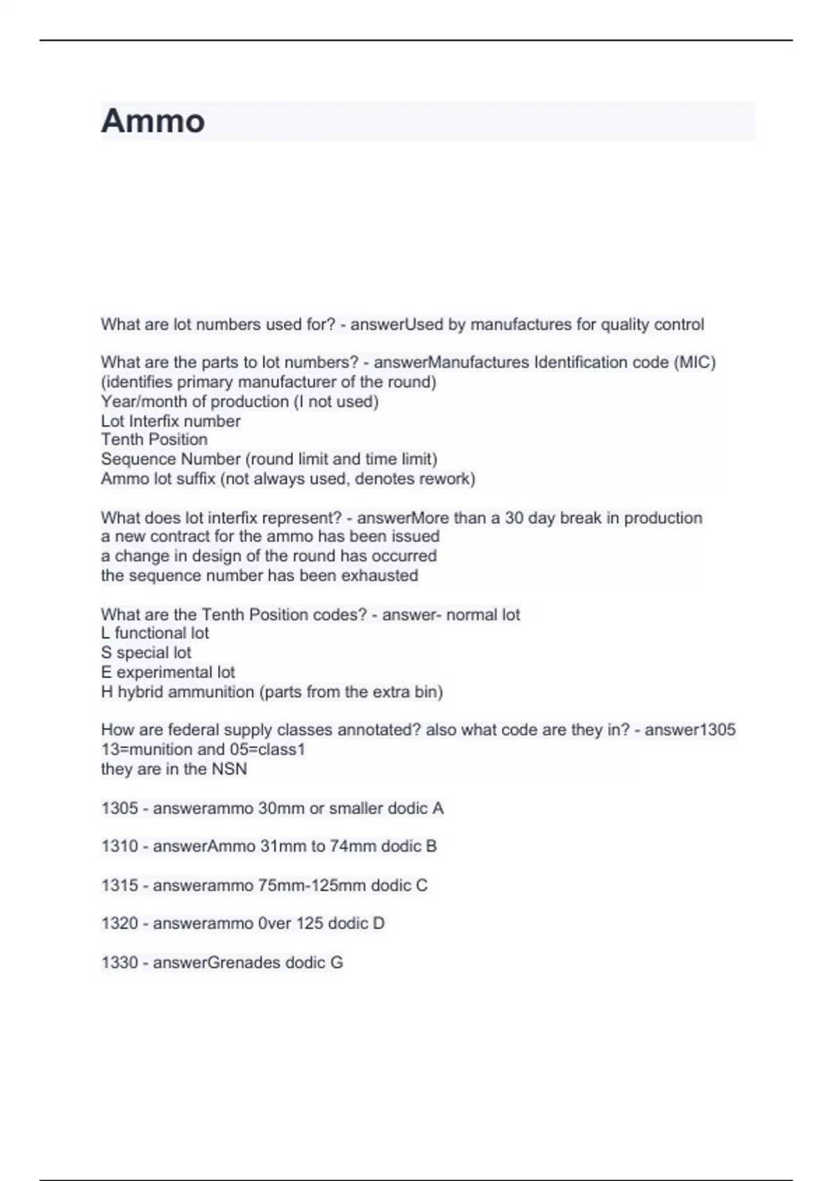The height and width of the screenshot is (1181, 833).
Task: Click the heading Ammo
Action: tap(153, 121)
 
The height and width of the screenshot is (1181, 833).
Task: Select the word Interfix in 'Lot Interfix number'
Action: tap(162, 421)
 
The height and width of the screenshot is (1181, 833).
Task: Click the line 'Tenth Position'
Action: tap(154, 440)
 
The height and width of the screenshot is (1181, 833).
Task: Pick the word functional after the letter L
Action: tap(151, 633)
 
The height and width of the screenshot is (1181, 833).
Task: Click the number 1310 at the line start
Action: tap(119, 846)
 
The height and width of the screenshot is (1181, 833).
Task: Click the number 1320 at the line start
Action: tap(119, 923)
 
